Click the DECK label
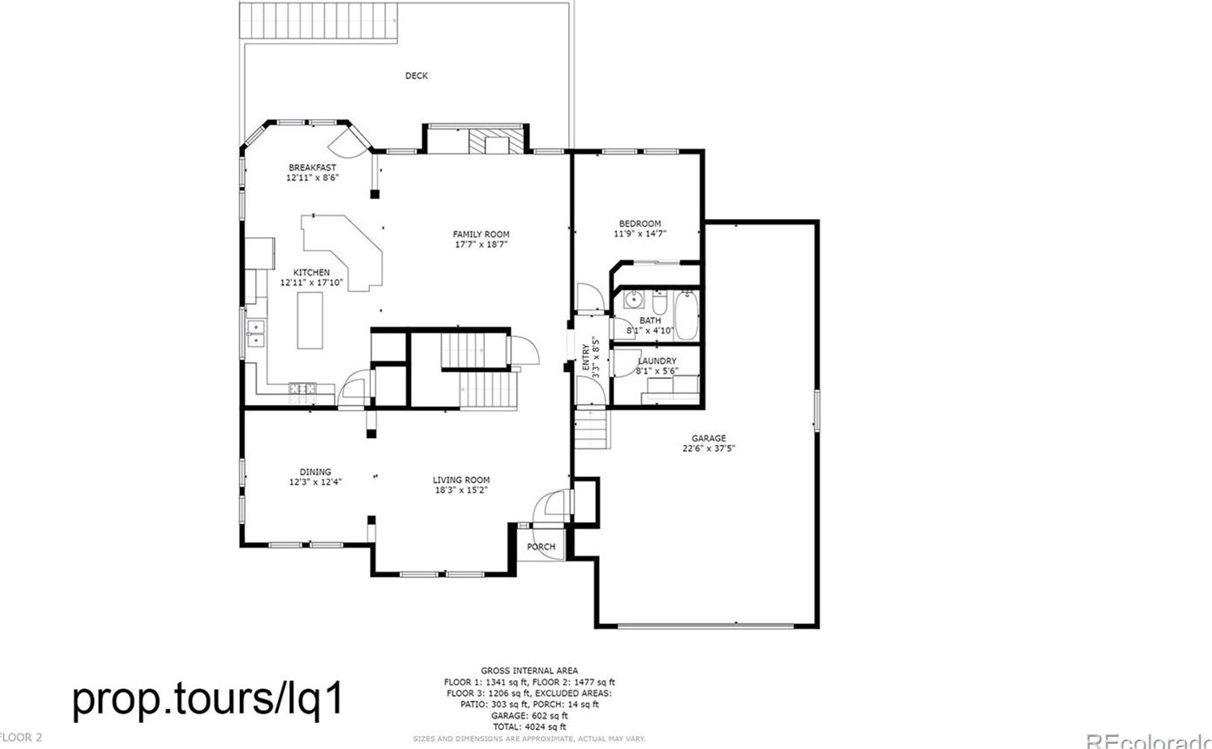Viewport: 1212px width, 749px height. pyautogui.click(x=416, y=76)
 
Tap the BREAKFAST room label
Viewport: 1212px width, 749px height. pyautogui.click(x=312, y=168)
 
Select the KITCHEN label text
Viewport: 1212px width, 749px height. pyautogui.click(x=311, y=273)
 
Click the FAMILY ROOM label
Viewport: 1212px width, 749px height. pyautogui.click(x=480, y=235)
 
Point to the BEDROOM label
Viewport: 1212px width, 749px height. pyautogui.click(x=639, y=224)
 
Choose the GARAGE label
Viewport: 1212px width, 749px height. pyautogui.click(x=708, y=439)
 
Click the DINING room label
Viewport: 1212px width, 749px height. pyautogui.click(x=315, y=472)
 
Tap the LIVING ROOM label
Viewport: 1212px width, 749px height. pyautogui.click(x=461, y=480)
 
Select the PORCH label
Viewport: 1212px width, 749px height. pyautogui.click(x=541, y=547)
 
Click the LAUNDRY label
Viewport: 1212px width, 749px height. pyautogui.click(x=657, y=361)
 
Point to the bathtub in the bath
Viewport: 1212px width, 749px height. pyautogui.click(x=686, y=315)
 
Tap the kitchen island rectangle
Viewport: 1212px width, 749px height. pyautogui.click(x=310, y=321)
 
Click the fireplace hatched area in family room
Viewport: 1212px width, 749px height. pyautogui.click(x=497, y=141)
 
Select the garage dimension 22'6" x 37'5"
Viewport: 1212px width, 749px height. pyautogui.click(x=709, y=449)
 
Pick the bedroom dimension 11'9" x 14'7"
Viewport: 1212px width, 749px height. pyautogui.click(x=640, y=234)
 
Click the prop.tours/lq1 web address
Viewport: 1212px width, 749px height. pyautogui.click(x=209, y=699)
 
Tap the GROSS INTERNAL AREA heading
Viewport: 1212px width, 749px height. pyautogui.click(x=528, y=671)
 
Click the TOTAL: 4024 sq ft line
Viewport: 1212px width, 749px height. pyautogui.click(x=529, y=726)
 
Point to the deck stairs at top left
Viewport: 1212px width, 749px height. pyautogui.click(x=319, y=20)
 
